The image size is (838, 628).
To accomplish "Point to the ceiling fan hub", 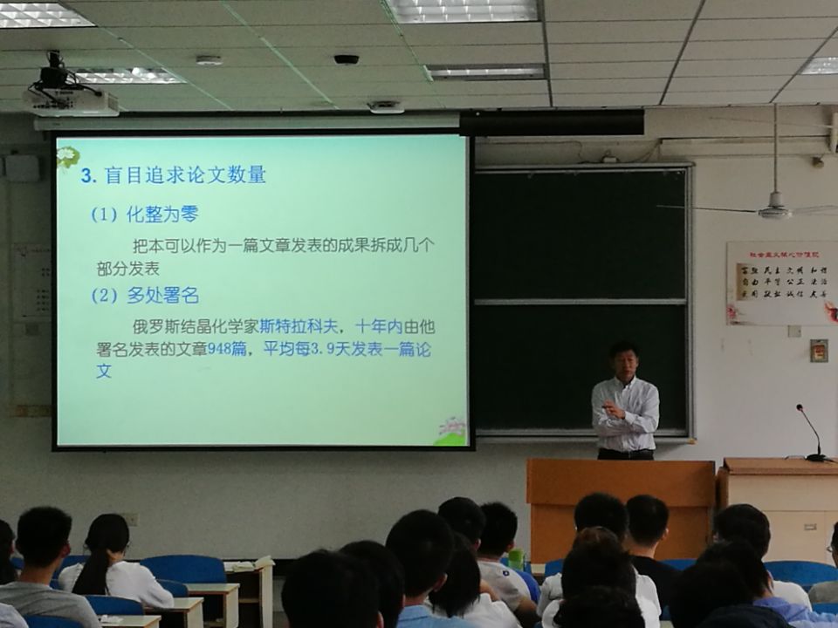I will coord(773,210).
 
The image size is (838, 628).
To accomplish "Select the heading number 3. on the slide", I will coord(87,175).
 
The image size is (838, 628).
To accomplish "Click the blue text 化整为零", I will coord(162,215).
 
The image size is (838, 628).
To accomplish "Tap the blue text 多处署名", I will coord(162,296).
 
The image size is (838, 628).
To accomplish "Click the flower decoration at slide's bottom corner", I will coord(451,430).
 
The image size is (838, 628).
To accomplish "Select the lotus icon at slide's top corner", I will coord(67,157).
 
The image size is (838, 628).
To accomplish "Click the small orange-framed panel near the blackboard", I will coord(818,351).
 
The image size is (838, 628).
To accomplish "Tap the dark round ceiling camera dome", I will coord(346,59).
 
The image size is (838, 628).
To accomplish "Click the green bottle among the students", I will coord(516,558).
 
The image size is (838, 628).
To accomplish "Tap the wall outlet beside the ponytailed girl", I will coord(131,519).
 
